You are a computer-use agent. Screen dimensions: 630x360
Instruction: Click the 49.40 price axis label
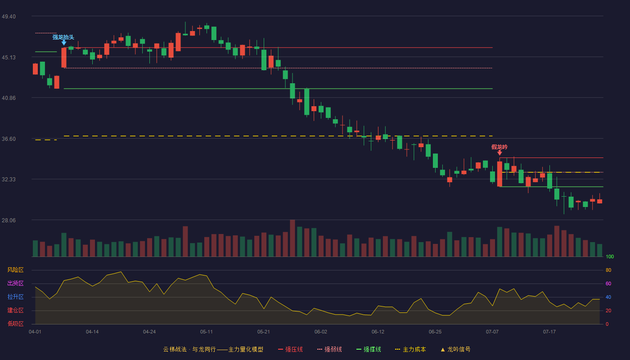[x=9, y=17]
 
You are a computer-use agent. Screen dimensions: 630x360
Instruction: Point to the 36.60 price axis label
[x=9, y=139]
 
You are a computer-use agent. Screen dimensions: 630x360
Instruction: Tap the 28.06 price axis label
[x=9, y=220]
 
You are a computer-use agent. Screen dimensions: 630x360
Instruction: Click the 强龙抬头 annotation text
[x=63, y=37]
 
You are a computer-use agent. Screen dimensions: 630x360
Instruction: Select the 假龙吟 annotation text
[x=499, y=147]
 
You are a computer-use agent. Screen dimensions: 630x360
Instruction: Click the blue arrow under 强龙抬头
[x=64, y=43]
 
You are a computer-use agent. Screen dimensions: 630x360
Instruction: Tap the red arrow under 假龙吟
[x=499, y=153]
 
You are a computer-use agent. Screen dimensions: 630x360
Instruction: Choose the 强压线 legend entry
[x=290, y=349]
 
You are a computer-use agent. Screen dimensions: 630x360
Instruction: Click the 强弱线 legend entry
[x=329, y=349]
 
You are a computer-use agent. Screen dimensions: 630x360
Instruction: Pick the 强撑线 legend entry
[x=369, y=349]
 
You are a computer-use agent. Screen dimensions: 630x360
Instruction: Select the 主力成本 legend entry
[x=410, y=349]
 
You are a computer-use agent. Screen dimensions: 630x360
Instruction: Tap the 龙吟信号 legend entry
[x=455, y=349]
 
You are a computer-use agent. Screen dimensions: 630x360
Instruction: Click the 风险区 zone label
[x=15, y=270]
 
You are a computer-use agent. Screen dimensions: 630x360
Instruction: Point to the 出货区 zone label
[x=15, y=283]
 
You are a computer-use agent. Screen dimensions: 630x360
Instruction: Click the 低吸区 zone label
[x=15, y=324]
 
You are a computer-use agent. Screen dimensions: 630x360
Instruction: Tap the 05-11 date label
[x=207, y=332]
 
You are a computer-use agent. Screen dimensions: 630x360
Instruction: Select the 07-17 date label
[x=549, y=332]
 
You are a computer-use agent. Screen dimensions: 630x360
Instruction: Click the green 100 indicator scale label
[x=610, y=256]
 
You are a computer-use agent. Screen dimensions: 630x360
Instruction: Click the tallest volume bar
[x=292, y=238]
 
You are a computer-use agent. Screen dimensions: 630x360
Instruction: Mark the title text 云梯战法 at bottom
[x=175, y=349]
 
